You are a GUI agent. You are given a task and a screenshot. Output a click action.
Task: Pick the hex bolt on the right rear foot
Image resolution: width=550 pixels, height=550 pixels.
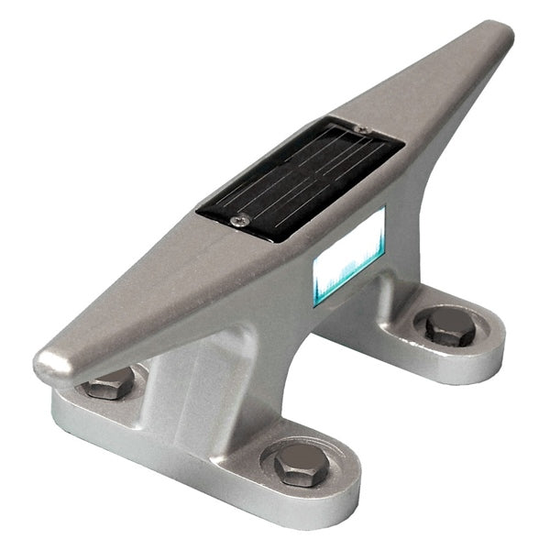(450, 326)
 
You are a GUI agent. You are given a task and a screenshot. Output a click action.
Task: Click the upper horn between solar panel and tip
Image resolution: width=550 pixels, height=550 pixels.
(440, 82)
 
